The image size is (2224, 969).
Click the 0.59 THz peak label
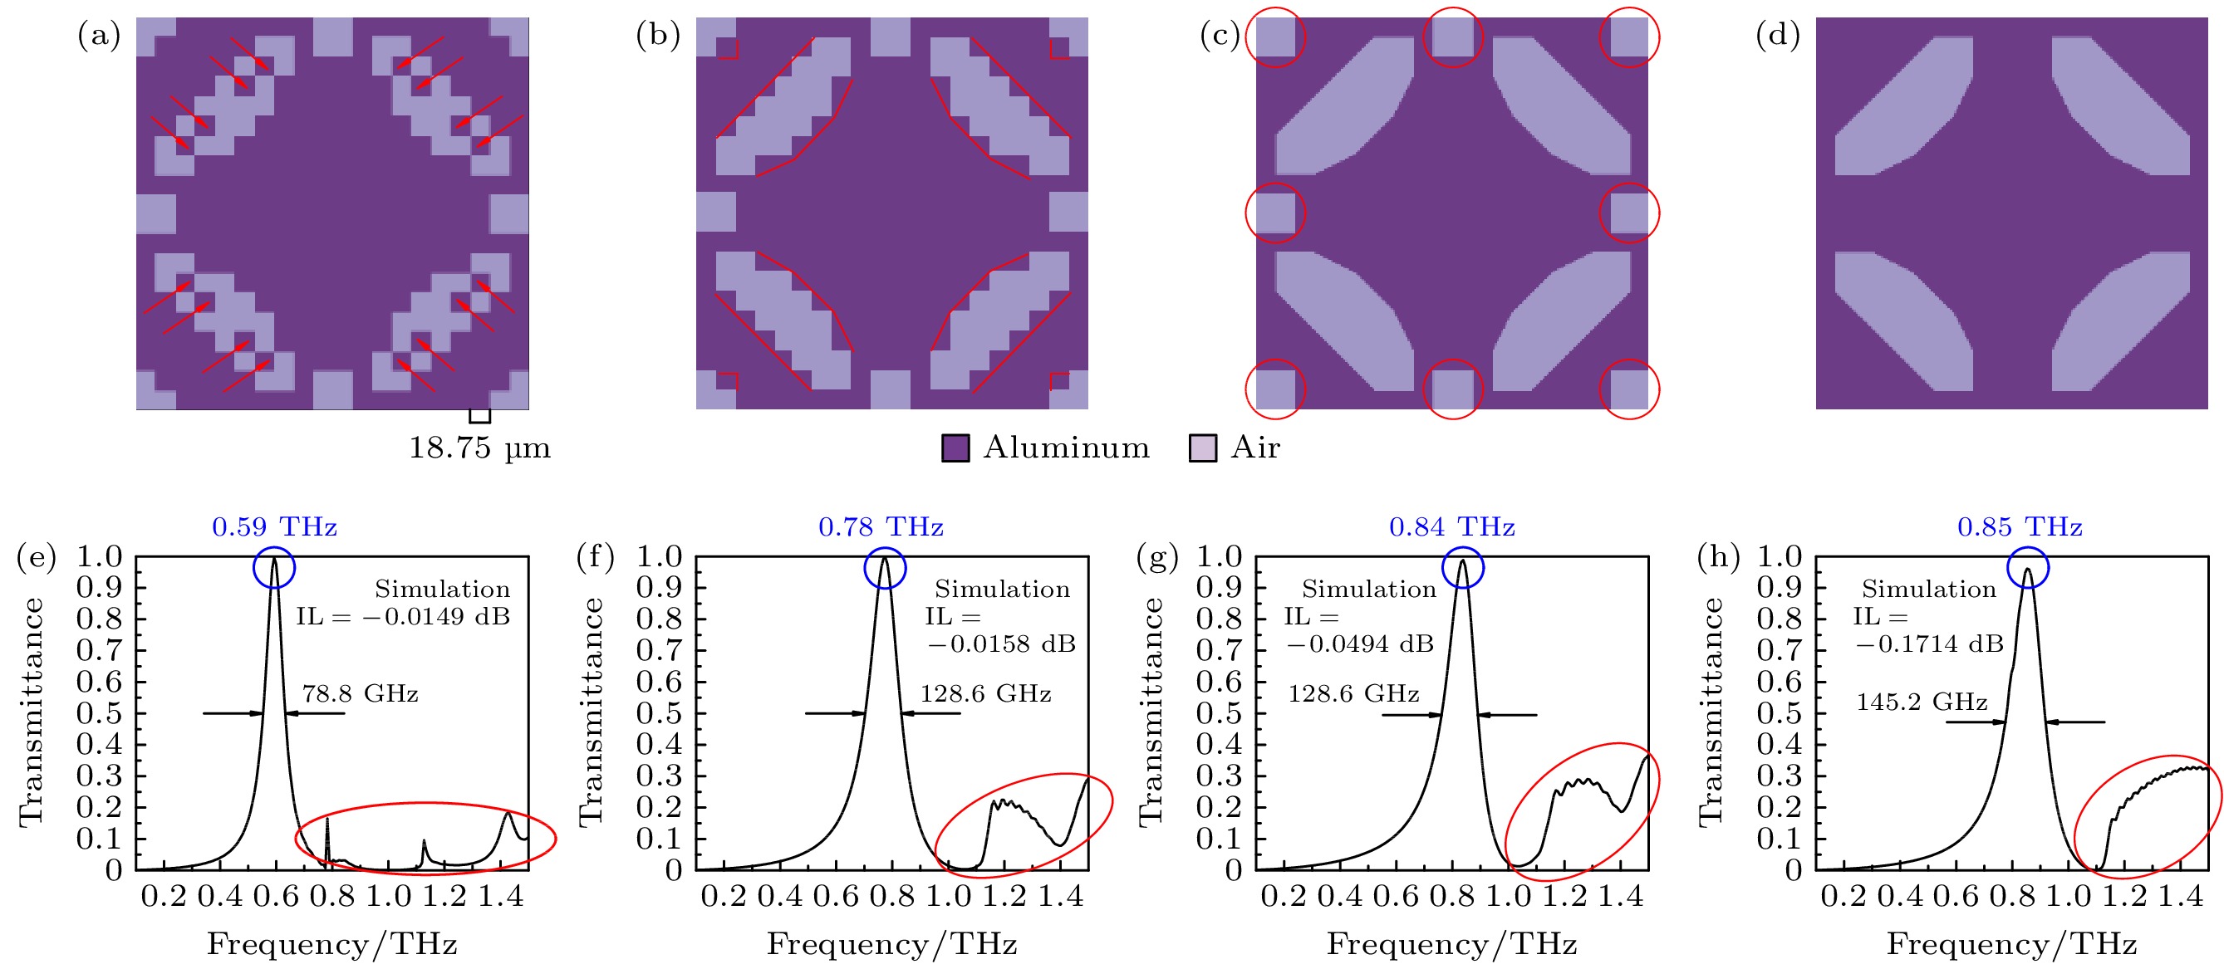tap(274, 526)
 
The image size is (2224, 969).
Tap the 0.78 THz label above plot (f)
tap(881, 526)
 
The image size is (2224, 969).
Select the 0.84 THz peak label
tap(1451, 526)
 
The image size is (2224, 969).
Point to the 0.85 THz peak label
tap(2020, 526)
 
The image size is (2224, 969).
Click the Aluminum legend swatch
tap(955, 448)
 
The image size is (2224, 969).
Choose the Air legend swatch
tap(1203, 448)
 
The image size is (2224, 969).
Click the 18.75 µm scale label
tap(479, 448)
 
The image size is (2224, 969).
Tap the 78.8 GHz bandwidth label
tap(360, 694)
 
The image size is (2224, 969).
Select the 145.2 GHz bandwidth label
tap(1922, 702)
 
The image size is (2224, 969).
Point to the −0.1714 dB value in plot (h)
tap(1929, 644)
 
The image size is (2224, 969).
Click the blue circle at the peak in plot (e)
tap(274, 569)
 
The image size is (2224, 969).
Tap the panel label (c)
tap(1220, 36)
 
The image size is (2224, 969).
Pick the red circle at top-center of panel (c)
tap(1452, 38)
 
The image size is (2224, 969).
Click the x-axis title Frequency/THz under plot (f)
tap(892, 944)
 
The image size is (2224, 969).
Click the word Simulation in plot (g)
tap(1368, 590)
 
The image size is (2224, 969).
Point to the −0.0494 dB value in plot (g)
tap(1360, 644)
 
